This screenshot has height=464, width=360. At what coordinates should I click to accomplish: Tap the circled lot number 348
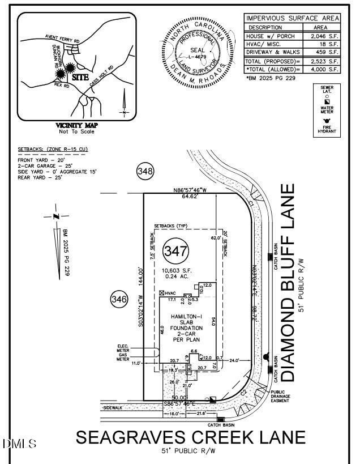point(145,171)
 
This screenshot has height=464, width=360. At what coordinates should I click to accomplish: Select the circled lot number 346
point(119,300)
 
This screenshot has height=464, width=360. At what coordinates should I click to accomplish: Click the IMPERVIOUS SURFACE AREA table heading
point(293,19)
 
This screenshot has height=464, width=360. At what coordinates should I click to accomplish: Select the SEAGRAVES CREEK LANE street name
point(191,438)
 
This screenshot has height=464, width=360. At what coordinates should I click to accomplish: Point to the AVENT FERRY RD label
point(62,37)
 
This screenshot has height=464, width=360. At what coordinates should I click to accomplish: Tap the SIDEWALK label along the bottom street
point(113,408)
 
